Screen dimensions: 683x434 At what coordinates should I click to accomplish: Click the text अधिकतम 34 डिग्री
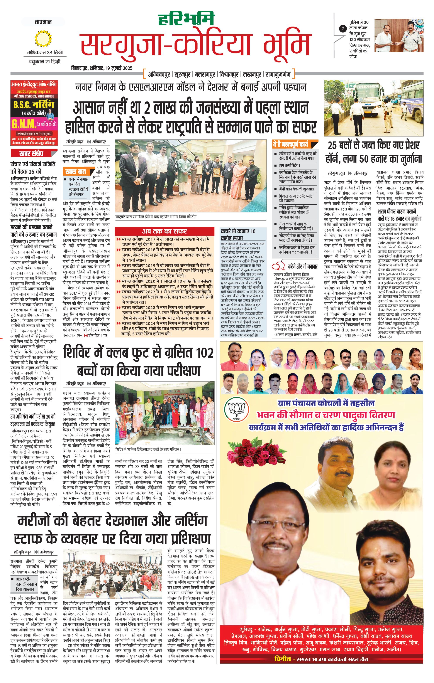(x=45, y=52)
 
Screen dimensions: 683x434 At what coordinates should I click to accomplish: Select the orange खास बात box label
(x=76, y=172)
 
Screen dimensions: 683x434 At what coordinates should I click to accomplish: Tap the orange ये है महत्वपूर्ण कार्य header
(x=290, y=144)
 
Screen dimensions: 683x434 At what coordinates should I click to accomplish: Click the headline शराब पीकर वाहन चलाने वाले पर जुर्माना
(x=399, y=215)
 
